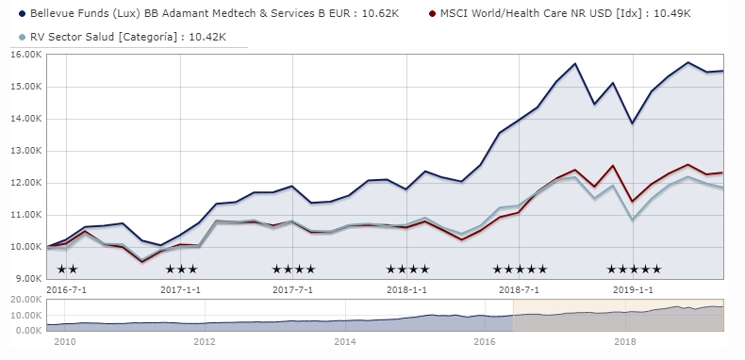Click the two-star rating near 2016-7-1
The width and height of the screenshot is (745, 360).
(68, 270)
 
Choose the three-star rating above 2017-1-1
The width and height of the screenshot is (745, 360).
(181, 270)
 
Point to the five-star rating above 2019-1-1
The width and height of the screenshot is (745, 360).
(634, 270)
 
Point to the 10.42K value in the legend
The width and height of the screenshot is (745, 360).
(216, 36)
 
